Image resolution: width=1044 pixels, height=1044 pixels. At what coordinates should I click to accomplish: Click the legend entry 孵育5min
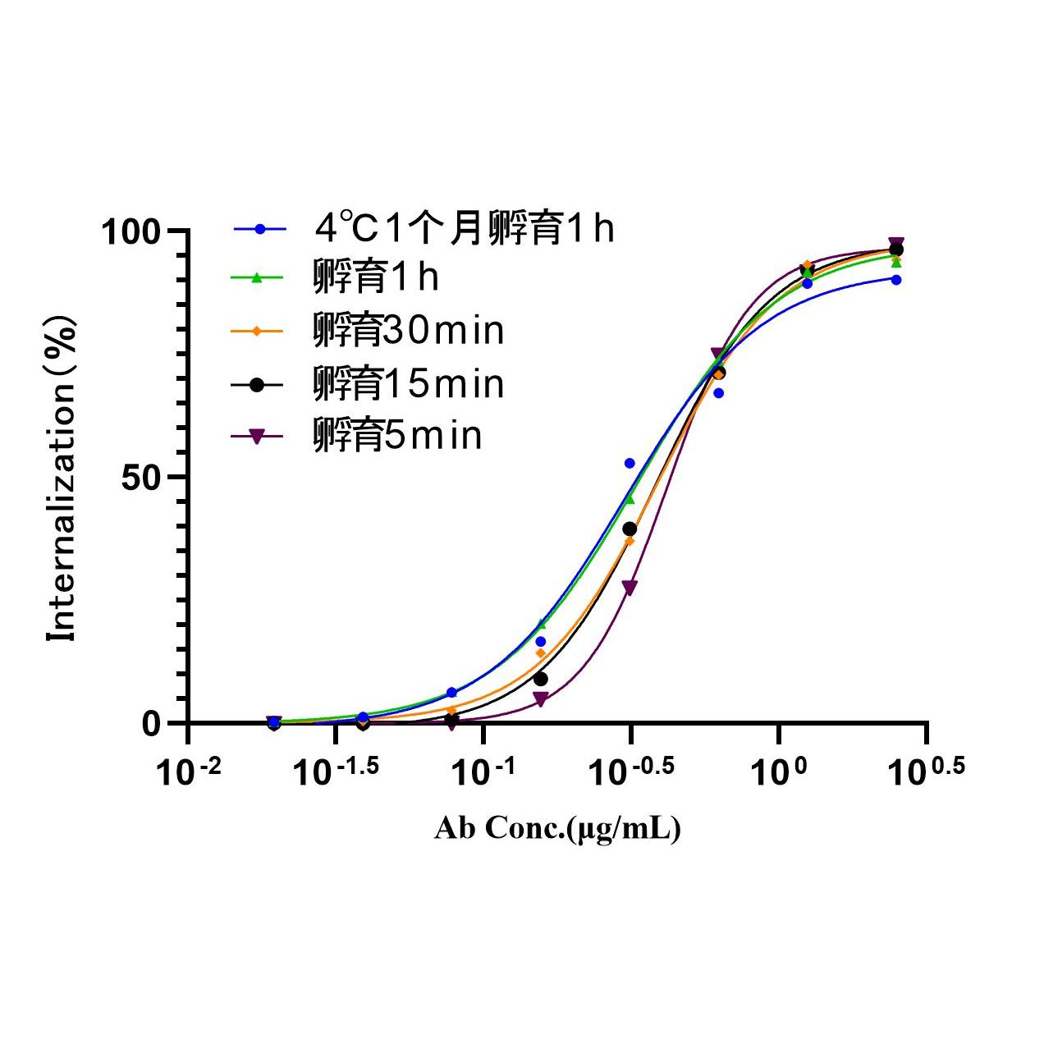pyautogui.click(x=397, y=436)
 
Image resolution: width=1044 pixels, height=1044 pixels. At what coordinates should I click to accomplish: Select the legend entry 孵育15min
pyautogui.click(x=408, y=384)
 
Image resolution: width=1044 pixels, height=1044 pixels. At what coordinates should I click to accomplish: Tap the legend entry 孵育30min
pyautogui.click(x=408, y=331)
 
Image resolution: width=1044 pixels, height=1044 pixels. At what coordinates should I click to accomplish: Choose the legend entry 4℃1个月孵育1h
pyautogui.click(x=464, y=229)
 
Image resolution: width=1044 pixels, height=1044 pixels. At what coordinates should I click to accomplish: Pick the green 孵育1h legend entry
pyautogui.click(x=376, y=278)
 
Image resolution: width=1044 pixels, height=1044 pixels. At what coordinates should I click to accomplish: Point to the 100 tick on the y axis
pyautogui.click(x=131, y=231)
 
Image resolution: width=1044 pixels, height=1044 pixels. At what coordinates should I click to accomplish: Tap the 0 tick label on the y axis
pyautogui.click(x=151, y=724)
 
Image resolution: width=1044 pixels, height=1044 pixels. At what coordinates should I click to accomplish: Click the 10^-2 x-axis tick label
pyautogui.click(x=189, y=772)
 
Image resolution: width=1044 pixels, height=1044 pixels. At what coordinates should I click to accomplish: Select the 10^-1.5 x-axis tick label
pyautogui.click(x=336, y=772)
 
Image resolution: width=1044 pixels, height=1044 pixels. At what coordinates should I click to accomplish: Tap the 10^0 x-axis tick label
pyautogui.click(x=778, y=772)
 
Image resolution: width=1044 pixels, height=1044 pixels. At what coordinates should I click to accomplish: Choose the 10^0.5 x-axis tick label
pyautogui.click(x=926, y=772)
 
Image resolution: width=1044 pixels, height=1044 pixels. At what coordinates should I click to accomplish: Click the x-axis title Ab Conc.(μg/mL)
pyautogui.click(x=557, y=829)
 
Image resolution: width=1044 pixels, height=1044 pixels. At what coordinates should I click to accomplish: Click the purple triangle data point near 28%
pyautogui.click(x=630, y=587)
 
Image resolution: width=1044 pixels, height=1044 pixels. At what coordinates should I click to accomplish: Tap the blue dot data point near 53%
pyautogui.click(x=630, y=464)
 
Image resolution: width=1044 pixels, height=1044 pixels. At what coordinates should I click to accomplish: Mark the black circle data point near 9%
pyautogui.click(x=540, y=679)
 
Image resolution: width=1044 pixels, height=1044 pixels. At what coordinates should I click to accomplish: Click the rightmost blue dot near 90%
pyautogui.click(x=896, y=280)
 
